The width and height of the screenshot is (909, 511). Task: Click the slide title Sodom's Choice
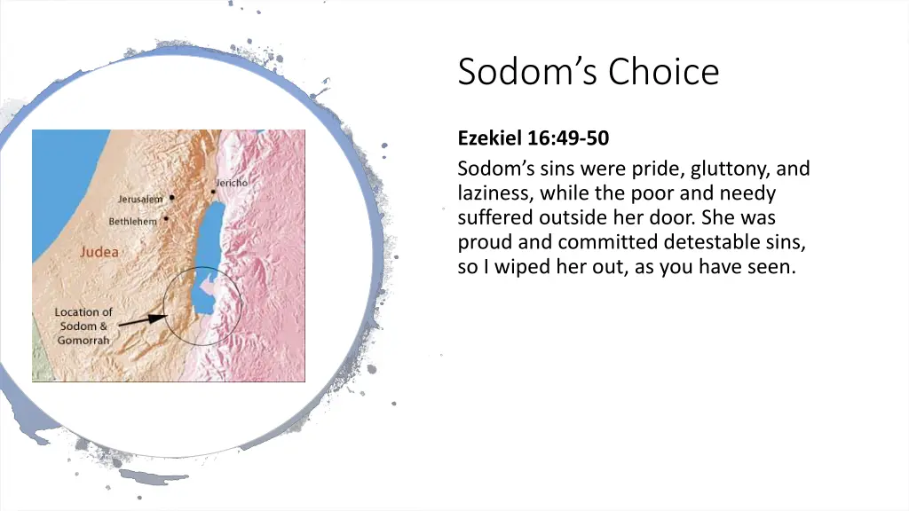pyautogui.click(x=588, y=72)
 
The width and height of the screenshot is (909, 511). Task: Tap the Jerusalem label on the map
pyautogui.click(x=140, y=199)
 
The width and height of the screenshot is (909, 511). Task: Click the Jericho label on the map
pyautogui.click(x=232, y=182)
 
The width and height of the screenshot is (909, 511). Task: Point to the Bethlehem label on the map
pyautogui.click(x=133, y=221)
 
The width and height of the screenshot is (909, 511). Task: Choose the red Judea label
pyautogui.click(x=99, y=252)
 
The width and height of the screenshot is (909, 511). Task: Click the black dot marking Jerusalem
pyautogui.click(x=171, y=198)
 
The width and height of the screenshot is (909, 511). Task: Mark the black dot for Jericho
pyautogui.click(x=213, y=191)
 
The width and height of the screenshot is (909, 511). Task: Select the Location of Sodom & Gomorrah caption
pyautogui.click(x=83, y=326)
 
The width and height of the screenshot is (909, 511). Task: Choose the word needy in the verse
pyautogui.click(x=751, y=193)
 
